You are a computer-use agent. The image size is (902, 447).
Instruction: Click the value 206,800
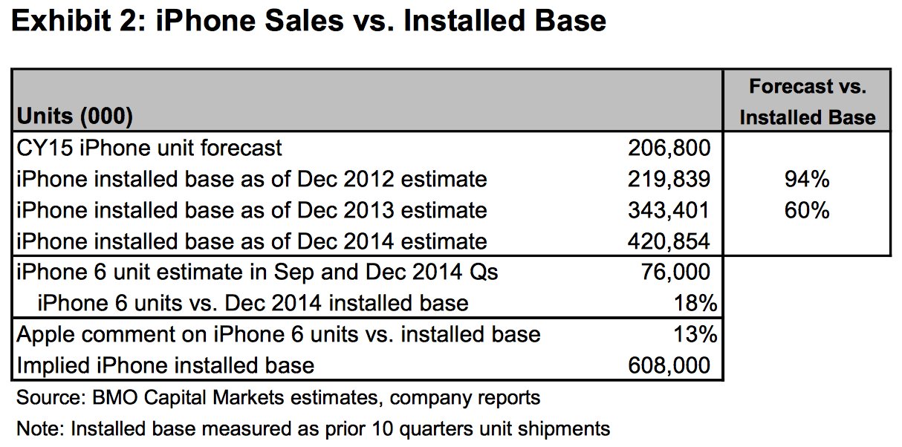pyautogui.click(x=669, y=148)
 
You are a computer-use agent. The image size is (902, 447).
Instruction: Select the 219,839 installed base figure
pyautogui.click(x=669, y=179)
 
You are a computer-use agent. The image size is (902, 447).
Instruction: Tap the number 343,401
pyautogui.click(x=669, y=210)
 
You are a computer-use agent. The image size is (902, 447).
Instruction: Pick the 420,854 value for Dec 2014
pyautogui.click(x=669, y=241)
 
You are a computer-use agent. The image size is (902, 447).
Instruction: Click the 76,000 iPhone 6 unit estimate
pyautogui.click(x=675, y=272)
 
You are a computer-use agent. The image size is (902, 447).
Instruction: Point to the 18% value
pyautogui.click(x=695, y=303)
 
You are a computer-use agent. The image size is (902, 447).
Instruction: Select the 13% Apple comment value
pyautogui.click(x=695, y=334)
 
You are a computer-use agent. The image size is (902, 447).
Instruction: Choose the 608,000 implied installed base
pyautogui.click(x=669, y=365)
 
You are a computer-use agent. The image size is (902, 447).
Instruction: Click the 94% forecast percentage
pyautogui.click(x=807, y=179)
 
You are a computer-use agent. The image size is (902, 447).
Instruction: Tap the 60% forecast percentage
pyautogui.click(x=807, y=210)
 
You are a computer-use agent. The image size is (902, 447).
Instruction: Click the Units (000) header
pyautogui.click(x=74, y=117)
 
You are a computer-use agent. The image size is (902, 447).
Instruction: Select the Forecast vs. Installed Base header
pyautogui.click(x=808, y=102)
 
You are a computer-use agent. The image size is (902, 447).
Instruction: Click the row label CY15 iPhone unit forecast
pyautogui.click(x=149, y=148)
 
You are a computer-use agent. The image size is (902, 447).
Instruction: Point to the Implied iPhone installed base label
pyautogui.click(x=165, y=366)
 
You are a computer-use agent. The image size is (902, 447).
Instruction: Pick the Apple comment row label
pyautogui.click(x=278, y=335)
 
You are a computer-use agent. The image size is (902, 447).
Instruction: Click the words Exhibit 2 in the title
pyautogui.click(x=79, y=21)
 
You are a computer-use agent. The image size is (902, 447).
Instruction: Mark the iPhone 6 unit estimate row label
pyautogui.click(x=257, y=273)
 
